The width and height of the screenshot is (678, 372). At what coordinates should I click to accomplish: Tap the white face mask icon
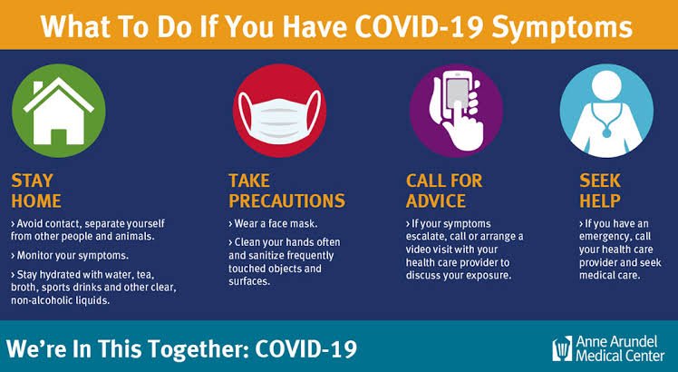point(276,112)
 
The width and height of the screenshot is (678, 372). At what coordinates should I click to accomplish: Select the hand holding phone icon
point(455,112)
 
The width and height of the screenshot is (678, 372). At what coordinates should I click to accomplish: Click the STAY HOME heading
point(37,189)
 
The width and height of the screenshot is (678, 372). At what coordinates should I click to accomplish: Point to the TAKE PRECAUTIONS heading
point(286,189)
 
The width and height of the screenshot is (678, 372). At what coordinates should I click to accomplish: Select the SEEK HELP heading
point(600,189)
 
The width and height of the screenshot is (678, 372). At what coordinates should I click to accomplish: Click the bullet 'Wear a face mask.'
point(276,222)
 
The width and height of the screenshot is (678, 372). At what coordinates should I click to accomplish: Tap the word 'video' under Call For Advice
point(425,248)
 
